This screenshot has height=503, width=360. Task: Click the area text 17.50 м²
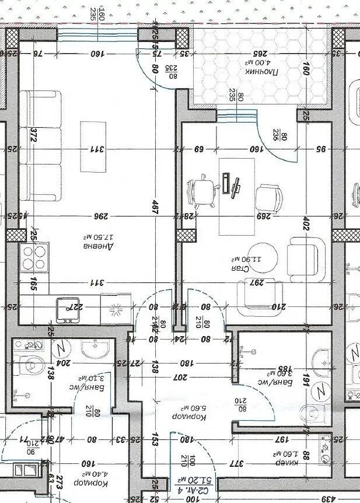click(94, 238)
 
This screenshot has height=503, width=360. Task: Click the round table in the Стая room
click(254, 257)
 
